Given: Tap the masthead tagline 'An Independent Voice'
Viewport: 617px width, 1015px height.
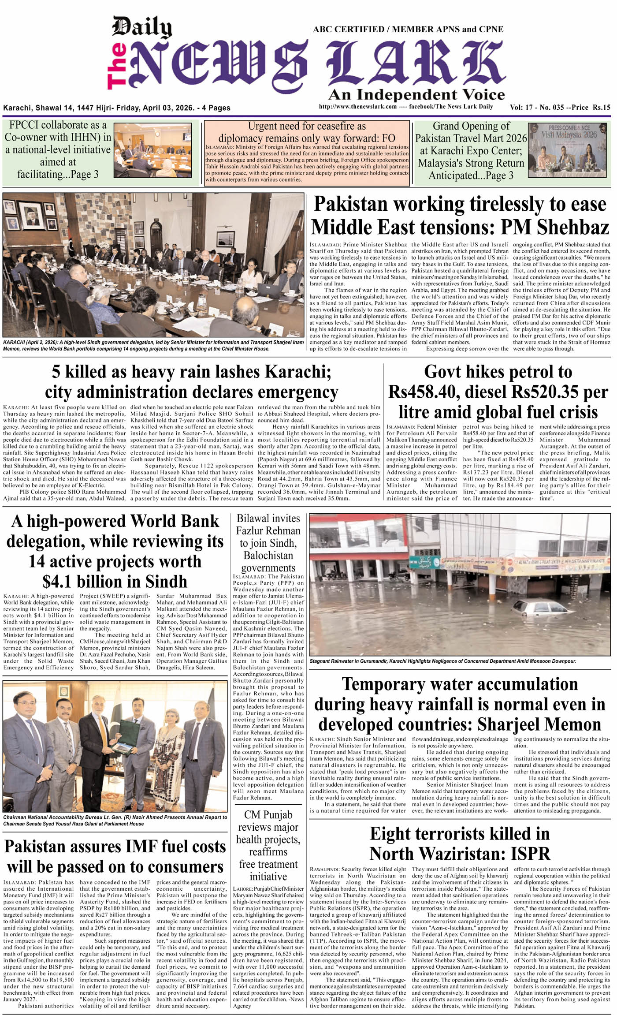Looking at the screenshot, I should tap(416, 94).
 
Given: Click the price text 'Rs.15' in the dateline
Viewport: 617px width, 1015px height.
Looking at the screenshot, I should tap(601, 107).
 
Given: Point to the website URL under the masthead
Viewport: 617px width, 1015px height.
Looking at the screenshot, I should tap(357, 107).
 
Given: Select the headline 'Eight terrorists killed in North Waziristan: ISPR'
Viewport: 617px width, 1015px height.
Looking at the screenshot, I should tap(460, 843).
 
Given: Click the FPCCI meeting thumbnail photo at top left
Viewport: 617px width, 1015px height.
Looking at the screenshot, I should tap(152, 150).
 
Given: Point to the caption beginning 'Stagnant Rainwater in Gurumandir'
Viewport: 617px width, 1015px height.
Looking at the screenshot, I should tap(442, 661).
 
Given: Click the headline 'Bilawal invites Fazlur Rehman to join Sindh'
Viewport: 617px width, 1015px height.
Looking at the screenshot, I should tap(268, 543).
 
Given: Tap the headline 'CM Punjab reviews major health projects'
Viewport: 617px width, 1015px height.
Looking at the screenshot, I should tap(268, 845).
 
